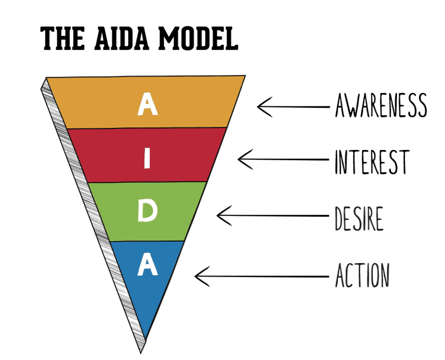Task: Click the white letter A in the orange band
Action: [148, 105]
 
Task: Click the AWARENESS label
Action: [380, 106]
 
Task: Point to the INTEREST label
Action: [372, 162]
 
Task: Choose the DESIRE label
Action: [359, 219]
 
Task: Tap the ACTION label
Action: [362, 275]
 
